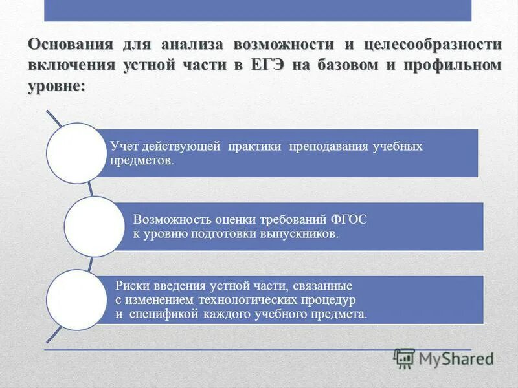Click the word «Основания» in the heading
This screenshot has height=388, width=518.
[x=67, y=45]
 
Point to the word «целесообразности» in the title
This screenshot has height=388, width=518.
[x=433, y=45]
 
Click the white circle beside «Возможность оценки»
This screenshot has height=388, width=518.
[x=95, y=226]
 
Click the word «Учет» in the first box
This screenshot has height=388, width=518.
[x=122, y=146]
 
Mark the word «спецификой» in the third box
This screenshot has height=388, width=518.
[x=153, y=315]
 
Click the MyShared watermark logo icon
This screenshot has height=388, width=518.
[x=404, y=358]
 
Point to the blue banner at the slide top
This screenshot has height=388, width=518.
[x=258, y=10]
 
